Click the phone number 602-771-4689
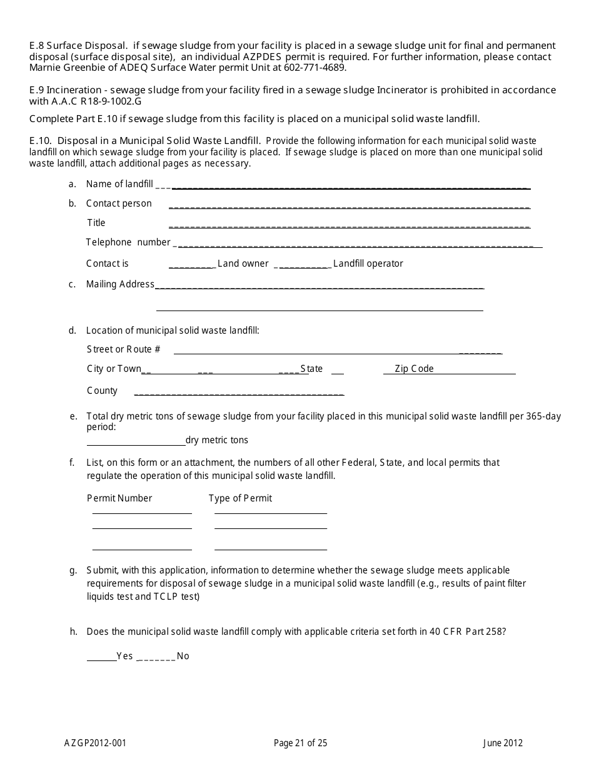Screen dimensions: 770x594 tap(318, 68)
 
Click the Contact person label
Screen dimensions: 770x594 tap(119, 203)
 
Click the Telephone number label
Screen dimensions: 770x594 tap(128, 242)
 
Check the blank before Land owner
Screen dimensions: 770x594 tap(192, 266)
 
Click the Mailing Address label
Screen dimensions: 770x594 tap(120, 284)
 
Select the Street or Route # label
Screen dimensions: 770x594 tap(123, 349)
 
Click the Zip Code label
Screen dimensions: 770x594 tap(414, 369)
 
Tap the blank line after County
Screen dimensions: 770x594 tap(239, 394)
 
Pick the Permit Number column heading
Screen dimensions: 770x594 tap(119, 498)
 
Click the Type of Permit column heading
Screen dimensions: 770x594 tap(240, 498)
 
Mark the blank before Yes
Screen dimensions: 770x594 tap(101, 659)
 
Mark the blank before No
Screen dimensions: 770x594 tap(156, 659)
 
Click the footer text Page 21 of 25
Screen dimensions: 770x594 tap(300, 744)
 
